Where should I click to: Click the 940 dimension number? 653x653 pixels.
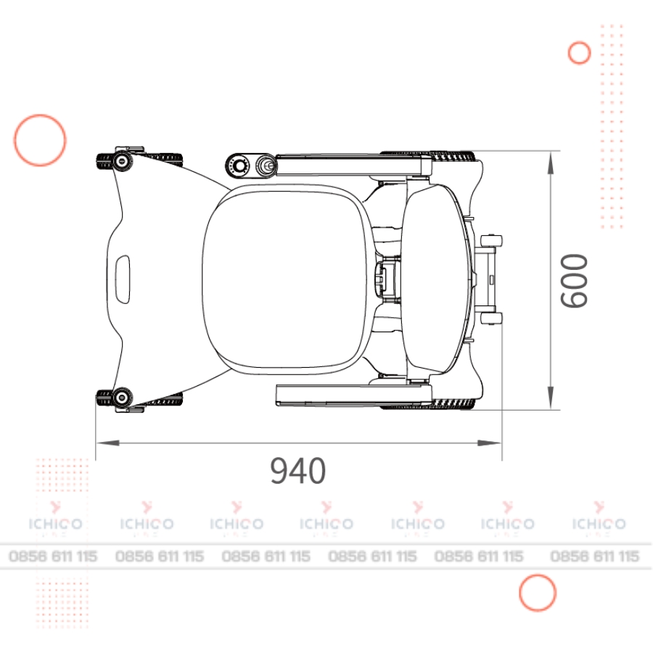(x=297, y=471)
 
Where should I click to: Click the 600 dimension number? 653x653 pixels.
(x=573, y=281)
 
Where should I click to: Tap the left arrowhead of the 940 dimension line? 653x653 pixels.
(x=107, y=443)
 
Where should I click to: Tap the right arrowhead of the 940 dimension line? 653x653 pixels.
(x=490, y=443)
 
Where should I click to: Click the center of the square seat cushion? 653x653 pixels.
(x=285, y=278)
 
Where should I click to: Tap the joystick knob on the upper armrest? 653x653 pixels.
(x=266, y=165)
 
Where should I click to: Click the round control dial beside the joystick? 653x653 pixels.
(x=239, y=166)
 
